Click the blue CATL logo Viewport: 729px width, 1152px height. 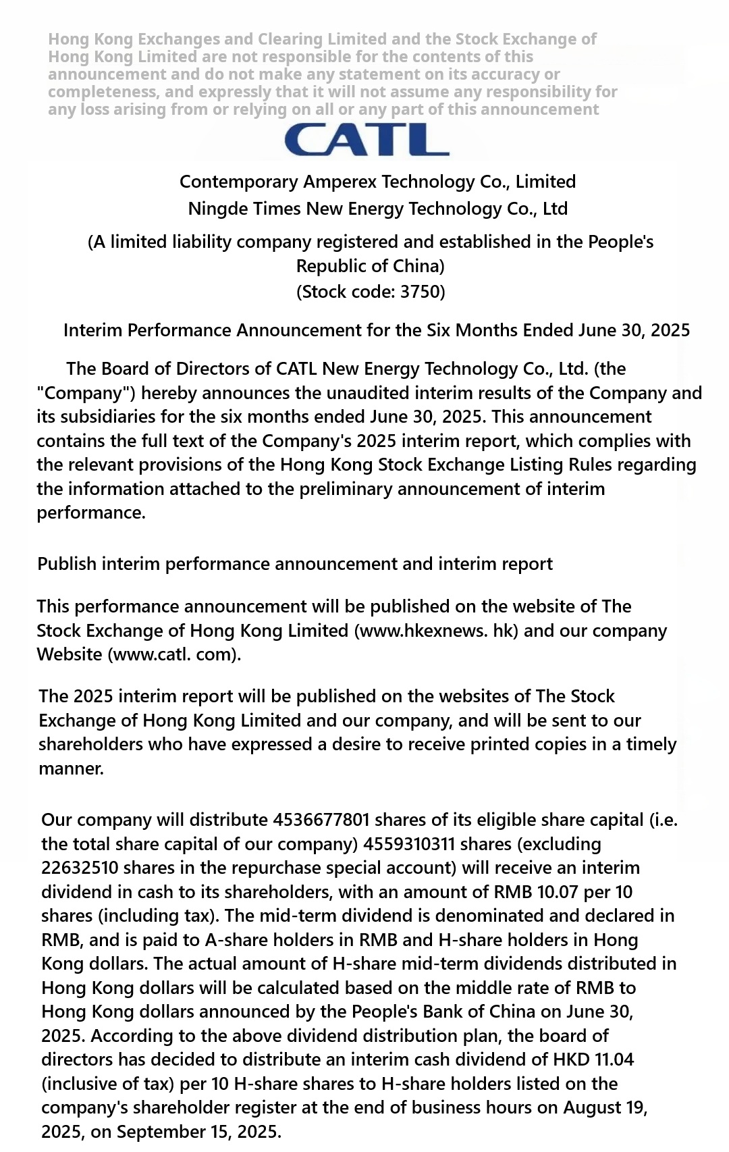click(x=367, y=140)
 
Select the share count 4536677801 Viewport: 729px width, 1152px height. click(x=321, y=820)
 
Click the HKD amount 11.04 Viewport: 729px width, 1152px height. click(x=614, y=1059)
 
